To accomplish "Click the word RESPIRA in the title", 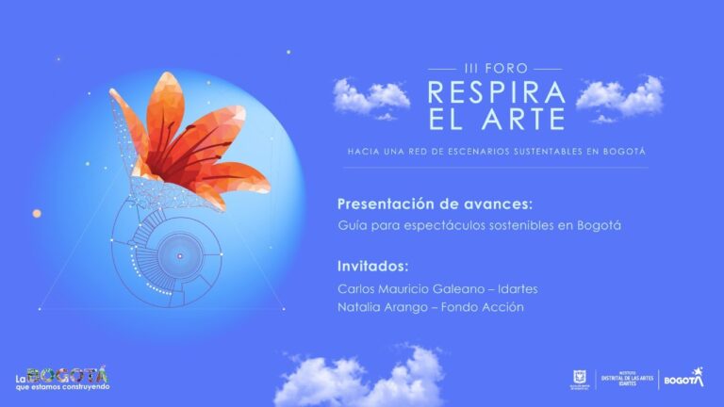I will pyautogui.click(x=496, y=92).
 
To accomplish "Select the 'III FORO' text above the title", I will pyautogui.click(x=495, y=69).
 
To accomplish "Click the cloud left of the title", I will pyautogui.click(x=370, y=98).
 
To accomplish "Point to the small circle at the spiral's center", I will pyautogui.click(x=176, y=253).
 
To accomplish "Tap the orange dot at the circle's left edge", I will pyautogui.click(x=37, y=213).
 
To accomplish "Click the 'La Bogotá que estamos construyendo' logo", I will pyautogui.click(x=61, y=379).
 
